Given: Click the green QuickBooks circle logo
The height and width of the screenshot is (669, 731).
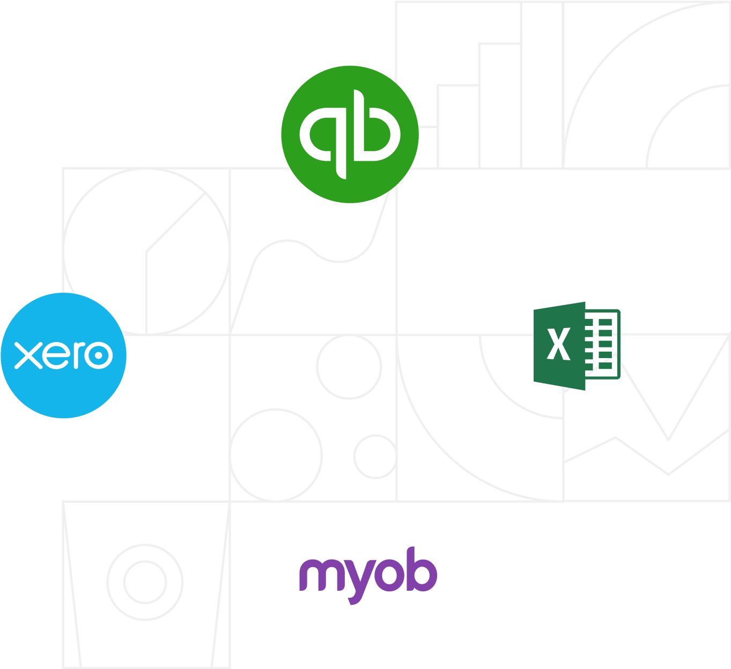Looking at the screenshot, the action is (350, 134).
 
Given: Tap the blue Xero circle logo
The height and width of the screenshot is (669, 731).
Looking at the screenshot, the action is (63, 355).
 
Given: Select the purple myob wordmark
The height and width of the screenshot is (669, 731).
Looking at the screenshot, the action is (368, 575).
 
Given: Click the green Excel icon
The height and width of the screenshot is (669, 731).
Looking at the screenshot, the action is (577, 346).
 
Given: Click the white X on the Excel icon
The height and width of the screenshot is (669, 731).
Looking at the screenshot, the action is (558, 344).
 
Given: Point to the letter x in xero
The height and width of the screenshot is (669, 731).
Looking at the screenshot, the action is (28, 355).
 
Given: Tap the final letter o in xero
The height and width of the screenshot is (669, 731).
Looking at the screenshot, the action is (98, 355).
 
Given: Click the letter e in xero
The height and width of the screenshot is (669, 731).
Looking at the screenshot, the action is (56, 355).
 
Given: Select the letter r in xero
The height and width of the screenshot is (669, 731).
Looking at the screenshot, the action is (79, 355).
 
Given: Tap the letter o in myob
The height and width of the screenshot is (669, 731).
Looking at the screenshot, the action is (389, 575).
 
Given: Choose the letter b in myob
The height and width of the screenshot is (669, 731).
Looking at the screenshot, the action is (421, 569).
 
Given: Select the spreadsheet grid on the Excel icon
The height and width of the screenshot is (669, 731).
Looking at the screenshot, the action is (602, 344).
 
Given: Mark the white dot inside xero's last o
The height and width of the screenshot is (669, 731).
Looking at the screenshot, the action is (98, 355).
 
